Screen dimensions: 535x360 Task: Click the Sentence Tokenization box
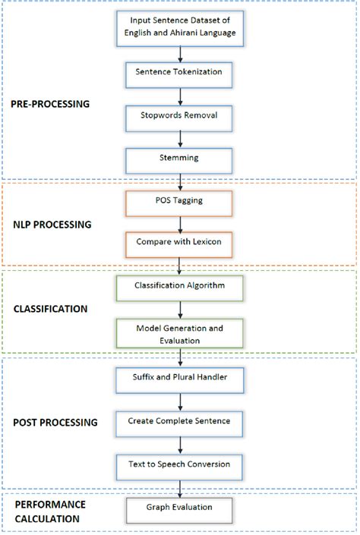[179, 72]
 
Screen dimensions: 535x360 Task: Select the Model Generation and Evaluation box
[179, 335]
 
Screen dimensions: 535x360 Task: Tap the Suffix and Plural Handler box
[179, 376]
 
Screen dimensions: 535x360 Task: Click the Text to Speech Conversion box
[179, 462]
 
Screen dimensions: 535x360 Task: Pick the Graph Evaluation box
[179, 508]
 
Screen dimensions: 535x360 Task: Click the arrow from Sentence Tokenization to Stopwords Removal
[179, 95]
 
